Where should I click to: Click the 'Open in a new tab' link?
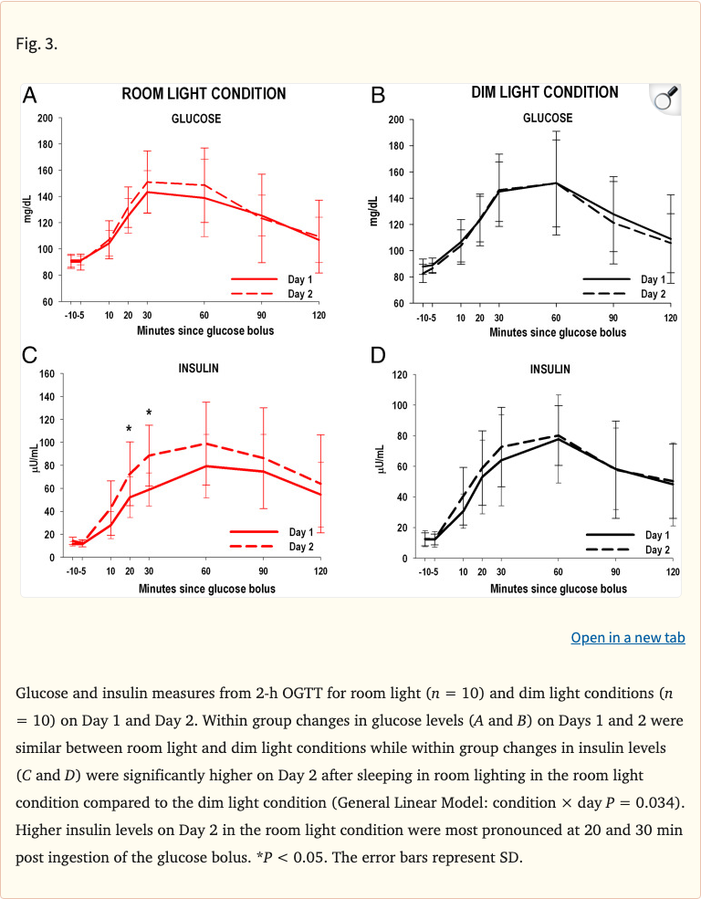627,637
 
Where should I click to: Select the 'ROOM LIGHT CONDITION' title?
204,94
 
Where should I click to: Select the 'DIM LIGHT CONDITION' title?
544,92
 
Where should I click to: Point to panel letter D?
379,355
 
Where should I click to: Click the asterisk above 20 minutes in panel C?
129,429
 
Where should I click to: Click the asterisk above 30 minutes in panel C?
149,413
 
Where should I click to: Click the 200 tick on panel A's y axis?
45,119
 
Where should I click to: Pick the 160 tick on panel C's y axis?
45,374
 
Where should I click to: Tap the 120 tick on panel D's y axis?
398,375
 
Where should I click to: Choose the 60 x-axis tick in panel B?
555,318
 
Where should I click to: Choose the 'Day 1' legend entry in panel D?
657,536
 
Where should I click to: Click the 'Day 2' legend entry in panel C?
301,547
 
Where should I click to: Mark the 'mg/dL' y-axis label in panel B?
375,211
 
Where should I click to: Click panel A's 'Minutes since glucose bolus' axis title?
205,330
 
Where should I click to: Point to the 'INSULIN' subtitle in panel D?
550,370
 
